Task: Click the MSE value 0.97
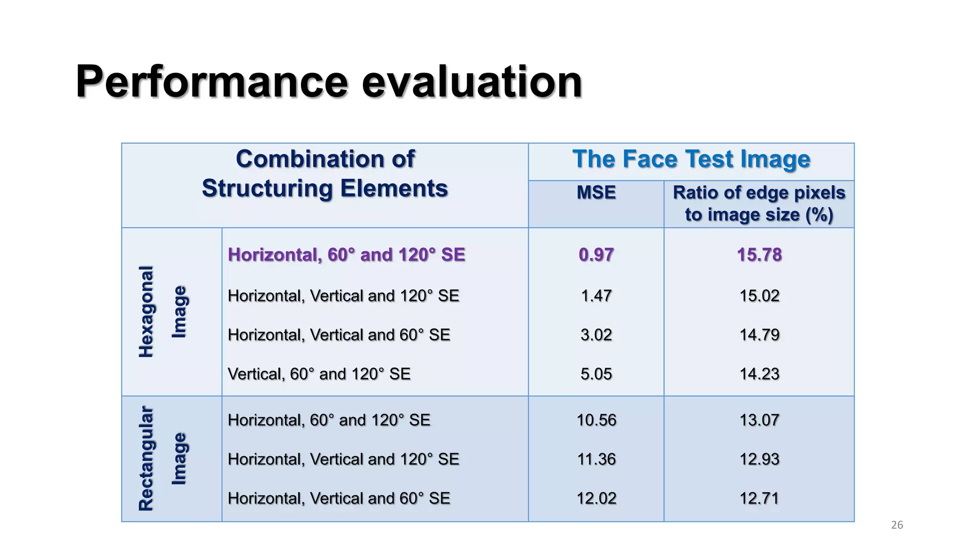596,254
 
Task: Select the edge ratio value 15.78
759,254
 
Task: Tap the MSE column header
596,192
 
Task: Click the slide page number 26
897,525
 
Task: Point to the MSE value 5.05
596,374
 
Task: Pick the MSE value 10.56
596,420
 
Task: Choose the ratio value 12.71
759,498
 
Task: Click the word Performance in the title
212,82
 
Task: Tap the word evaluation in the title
472,82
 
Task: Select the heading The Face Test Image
691,159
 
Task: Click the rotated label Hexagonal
146,311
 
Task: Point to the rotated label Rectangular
146,458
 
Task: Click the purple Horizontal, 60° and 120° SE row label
346,254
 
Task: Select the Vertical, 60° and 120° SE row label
319,374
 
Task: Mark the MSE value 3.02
596,335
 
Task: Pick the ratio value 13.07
759,420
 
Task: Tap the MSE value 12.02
596,498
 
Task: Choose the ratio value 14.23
759,374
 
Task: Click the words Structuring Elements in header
325,188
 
